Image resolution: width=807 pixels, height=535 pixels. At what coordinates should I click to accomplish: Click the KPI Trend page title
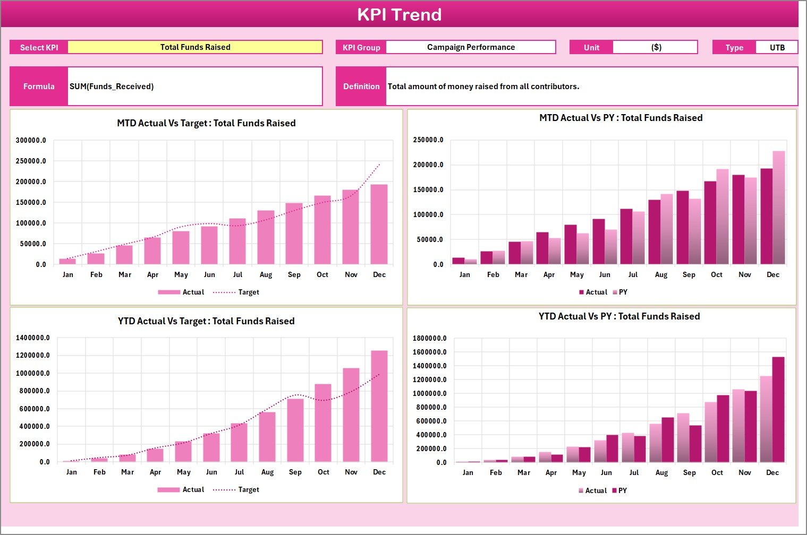(399, 14)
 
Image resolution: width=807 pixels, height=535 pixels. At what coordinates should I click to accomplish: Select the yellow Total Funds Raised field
(195, 47)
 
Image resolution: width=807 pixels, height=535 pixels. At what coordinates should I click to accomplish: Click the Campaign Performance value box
(471, 47)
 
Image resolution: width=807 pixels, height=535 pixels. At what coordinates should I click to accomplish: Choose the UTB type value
(777, 47)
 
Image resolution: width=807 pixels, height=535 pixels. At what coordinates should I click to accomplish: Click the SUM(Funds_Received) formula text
(112, 87)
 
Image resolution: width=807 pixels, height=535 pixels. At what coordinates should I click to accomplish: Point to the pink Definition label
(361, 87)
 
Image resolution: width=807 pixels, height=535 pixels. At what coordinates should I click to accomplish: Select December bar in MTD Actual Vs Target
(379, 224)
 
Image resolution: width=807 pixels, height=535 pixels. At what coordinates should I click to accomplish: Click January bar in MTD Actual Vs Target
(67, 261)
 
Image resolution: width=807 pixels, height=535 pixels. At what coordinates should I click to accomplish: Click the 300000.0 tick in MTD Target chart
(31, 141)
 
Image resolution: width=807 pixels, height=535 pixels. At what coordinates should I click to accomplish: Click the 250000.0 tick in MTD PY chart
(428, 140)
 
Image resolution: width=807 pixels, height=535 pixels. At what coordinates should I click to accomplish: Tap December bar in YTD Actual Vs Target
(379, 406)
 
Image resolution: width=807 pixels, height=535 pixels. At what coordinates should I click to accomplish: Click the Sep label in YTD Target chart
(295, 472)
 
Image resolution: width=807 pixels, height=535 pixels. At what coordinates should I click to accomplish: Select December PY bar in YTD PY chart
(778, 409)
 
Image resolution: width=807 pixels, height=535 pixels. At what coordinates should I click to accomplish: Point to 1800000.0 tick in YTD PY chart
(430, 339)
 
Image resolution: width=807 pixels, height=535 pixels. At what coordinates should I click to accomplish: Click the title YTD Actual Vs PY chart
(619, 316)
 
